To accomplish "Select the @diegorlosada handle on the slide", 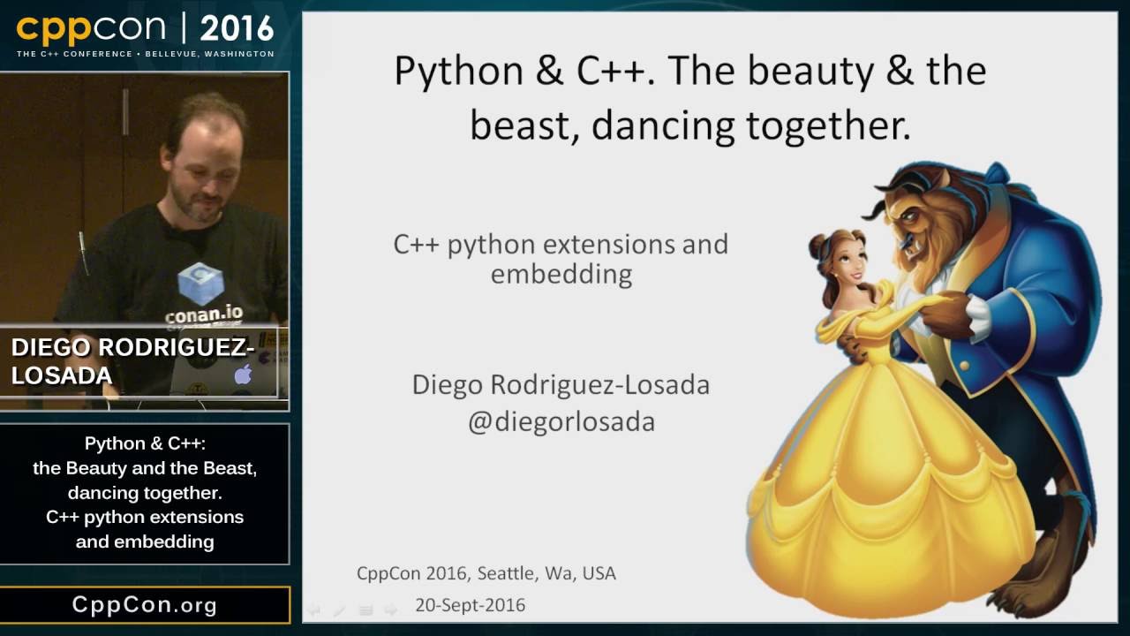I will pos(561,421).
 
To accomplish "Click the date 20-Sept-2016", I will pos(471,605).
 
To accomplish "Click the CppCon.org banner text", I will pos(145,605).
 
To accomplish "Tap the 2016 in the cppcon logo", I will pos(237,28).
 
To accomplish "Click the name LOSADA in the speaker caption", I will pos(62,375).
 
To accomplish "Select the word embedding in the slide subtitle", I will pos(561,274).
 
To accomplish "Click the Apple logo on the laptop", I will pos(243,374).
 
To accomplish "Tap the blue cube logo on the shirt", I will pos(200,283).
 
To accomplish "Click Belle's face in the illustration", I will pos(847,261).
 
